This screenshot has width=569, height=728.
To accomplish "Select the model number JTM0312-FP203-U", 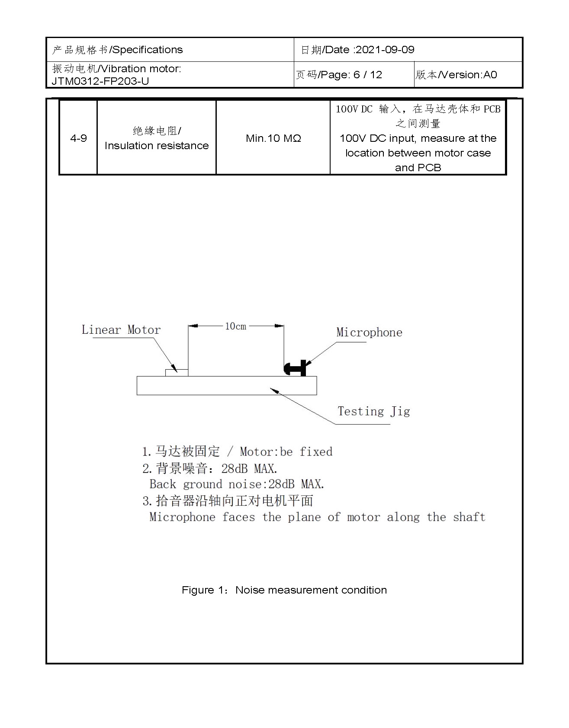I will (100, 81).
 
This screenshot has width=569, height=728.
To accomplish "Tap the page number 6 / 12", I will (368, 75).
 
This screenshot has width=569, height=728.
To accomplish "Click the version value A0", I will (490, 75).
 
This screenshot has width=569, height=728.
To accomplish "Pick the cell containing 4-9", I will (78, 138).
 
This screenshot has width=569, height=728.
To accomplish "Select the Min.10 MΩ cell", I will (273, 138).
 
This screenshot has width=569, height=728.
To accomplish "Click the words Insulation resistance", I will (157, 146).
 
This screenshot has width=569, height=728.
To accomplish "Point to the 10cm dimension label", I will (235, 326).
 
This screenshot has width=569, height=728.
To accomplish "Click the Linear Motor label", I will (121, 330).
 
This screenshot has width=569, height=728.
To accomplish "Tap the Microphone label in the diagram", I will (369, 332).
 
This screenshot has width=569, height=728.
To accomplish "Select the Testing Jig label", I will (373, 411).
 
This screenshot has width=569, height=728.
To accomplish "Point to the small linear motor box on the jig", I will (177, 372).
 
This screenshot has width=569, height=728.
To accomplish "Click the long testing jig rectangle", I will (226, 386).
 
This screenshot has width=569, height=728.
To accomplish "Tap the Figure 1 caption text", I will (284, 590).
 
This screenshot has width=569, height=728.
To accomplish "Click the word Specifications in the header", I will (148, 50).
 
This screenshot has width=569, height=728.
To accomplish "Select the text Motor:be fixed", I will (286, 452).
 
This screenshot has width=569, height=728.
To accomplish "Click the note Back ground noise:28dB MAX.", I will (237, 484).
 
